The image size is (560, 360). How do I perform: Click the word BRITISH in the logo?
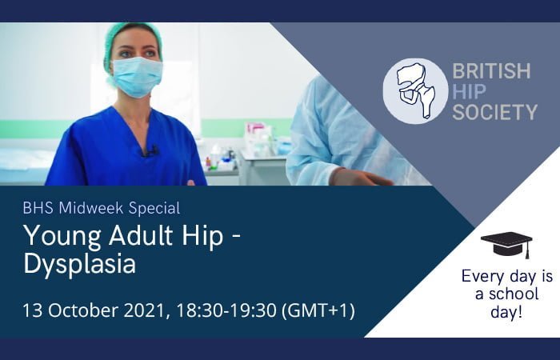tap(491, 71)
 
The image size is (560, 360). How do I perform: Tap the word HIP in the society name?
tap(469, 91)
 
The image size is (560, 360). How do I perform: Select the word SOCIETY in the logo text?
tap(494, 111)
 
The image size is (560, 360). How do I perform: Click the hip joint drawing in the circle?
tap(415, 90)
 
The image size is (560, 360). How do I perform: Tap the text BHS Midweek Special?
tap(101, 209)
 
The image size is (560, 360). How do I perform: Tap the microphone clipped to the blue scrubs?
tap(152, 149)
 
